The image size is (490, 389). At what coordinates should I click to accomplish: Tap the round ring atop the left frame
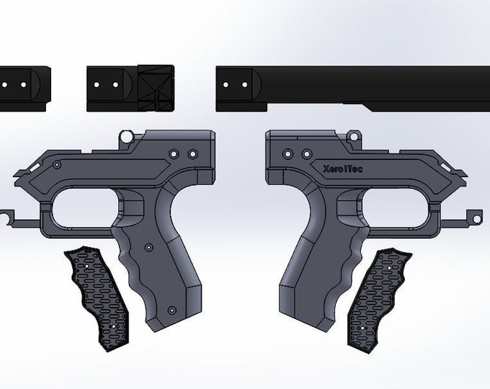(127, 136)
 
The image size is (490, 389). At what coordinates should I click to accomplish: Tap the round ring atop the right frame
(354, 134)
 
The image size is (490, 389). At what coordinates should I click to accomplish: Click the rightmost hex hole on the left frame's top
(192, 154)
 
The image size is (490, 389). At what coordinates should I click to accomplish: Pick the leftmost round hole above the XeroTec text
(288, 153)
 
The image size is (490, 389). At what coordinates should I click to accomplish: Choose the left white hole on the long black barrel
(227, 84)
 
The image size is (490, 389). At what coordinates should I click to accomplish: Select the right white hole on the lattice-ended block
(115, 84)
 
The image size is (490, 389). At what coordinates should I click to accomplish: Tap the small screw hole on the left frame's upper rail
(56, 165)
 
